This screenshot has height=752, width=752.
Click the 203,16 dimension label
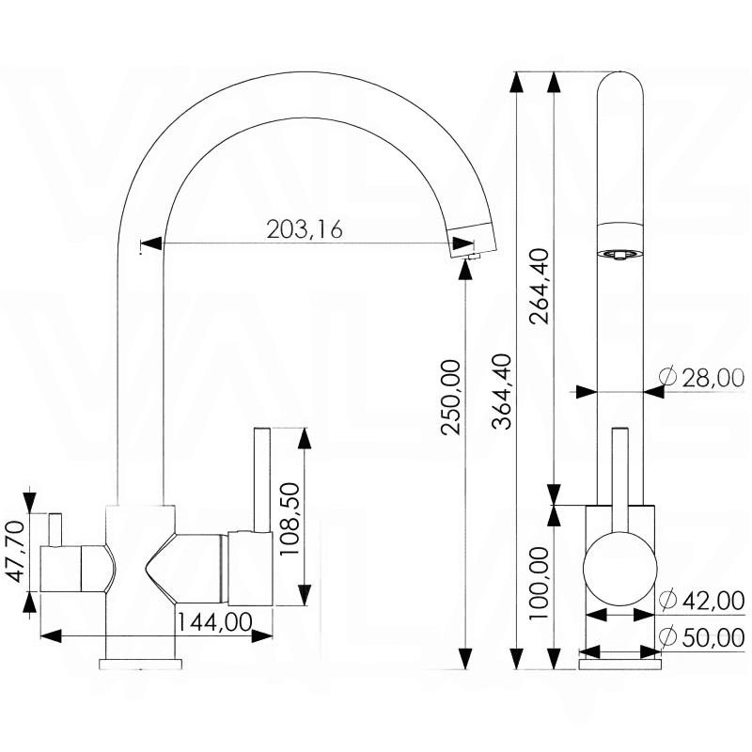(305, 229)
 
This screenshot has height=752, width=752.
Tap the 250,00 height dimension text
(451, 397)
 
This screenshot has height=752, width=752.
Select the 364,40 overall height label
(503, 390)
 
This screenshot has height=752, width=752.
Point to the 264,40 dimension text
(540, 287)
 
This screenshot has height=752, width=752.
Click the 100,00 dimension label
(539, 583)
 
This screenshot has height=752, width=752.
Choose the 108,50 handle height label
(290, 519)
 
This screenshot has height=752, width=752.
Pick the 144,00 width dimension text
(215, 622)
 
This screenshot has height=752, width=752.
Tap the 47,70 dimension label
(17, 552)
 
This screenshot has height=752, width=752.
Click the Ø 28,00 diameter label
(701, 378)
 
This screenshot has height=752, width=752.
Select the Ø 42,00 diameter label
(701, 600)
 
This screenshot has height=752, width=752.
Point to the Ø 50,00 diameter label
(701, 637)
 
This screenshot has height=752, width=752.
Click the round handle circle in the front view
(619, 568)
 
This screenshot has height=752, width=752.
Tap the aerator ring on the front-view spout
(620, 255)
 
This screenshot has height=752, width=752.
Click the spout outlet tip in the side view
(473, 257)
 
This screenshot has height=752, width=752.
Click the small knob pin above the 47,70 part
(55, 529)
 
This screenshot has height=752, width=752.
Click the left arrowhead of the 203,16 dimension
(150, 243)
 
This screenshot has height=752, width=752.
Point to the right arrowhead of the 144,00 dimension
(262, 636)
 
